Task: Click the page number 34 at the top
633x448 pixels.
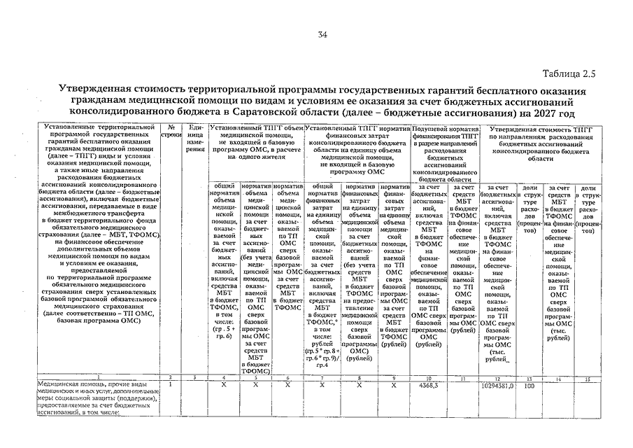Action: pyautogui.click(x=322, y=36)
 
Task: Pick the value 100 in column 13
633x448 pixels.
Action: pyautogui.click(x=529, y=385)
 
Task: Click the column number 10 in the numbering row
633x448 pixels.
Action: pyautogui.click(x=427, y=377)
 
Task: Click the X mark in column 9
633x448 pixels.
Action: pyautogui.click(x=394, y=385)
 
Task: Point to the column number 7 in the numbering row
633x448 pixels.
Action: pyautogui.click(x=322, y=377)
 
